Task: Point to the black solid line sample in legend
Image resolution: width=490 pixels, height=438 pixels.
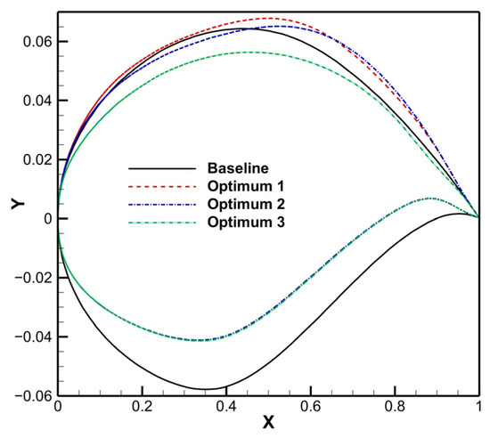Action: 161,167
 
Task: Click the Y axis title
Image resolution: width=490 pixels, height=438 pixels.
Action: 15,204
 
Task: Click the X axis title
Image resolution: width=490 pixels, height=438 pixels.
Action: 267,427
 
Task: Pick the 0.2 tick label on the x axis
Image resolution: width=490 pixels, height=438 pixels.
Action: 142,409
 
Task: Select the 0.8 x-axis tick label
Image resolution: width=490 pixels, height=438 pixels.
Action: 395,409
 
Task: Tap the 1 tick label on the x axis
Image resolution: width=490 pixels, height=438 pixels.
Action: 478,409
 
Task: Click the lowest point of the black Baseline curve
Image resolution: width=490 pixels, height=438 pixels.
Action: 205,389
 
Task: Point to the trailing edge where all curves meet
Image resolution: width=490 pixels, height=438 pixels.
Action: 478,217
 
